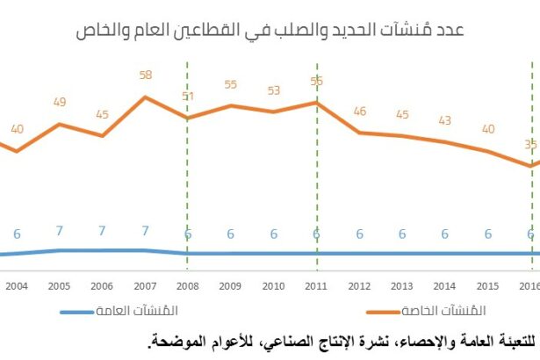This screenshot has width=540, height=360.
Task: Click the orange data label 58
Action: coord(146,76)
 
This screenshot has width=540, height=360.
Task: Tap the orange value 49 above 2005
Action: coord(60,103)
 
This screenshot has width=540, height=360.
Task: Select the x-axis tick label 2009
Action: coord(231,286)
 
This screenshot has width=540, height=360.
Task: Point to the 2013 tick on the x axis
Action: coord(402,286)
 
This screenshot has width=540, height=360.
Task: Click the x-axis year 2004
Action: coord(17,286)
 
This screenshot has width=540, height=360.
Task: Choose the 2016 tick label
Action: coord(529,286)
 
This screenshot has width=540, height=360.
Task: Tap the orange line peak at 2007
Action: coord(146,97)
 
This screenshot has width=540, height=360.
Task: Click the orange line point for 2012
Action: coord(359,133)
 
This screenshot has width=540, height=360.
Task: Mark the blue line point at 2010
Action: coord(274,254)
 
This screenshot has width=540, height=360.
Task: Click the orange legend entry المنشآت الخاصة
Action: coord(444,311)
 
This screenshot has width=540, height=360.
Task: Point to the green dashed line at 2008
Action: coord(188,176)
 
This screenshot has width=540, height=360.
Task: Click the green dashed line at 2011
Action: coord(316,176)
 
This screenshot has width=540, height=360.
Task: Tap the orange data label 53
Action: coord(274,90)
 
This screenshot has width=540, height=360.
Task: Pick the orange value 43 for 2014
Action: coord(445,121)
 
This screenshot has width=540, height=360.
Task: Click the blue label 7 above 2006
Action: coord(103,231)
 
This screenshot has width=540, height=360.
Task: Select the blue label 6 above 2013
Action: coord(402,234)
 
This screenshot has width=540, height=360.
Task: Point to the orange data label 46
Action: coord(359,112)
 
